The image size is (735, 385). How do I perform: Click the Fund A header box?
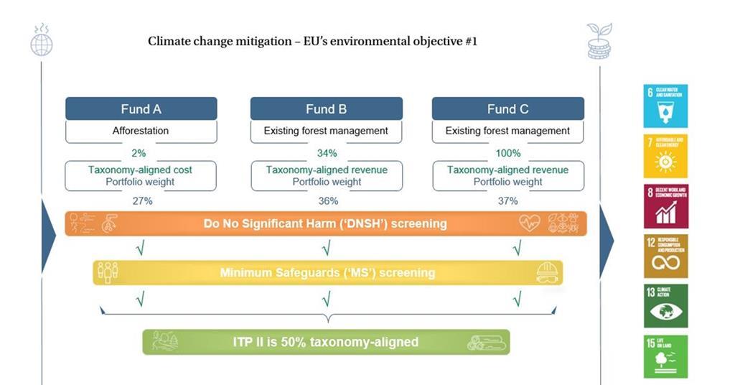141,109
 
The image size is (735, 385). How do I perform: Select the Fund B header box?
326,109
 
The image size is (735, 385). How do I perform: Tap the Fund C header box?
507,109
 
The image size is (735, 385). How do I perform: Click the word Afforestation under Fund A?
141,131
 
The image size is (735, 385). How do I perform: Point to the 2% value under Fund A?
139,153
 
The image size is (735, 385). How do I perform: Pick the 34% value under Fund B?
327,153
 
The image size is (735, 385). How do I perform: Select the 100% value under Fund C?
507,153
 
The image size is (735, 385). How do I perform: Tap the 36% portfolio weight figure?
327,201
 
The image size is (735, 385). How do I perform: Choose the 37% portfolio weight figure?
507,201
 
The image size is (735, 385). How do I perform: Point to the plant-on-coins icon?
599,40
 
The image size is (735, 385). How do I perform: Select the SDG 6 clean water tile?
665,106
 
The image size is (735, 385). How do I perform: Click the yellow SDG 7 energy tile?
665,156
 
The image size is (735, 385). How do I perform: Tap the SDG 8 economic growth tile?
665,206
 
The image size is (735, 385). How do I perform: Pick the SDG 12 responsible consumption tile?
665,256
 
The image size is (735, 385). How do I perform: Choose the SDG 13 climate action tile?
665,306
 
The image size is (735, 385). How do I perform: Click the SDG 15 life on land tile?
665,356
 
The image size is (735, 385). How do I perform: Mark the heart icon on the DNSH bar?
529,223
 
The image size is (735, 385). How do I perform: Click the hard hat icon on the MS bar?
546,273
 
